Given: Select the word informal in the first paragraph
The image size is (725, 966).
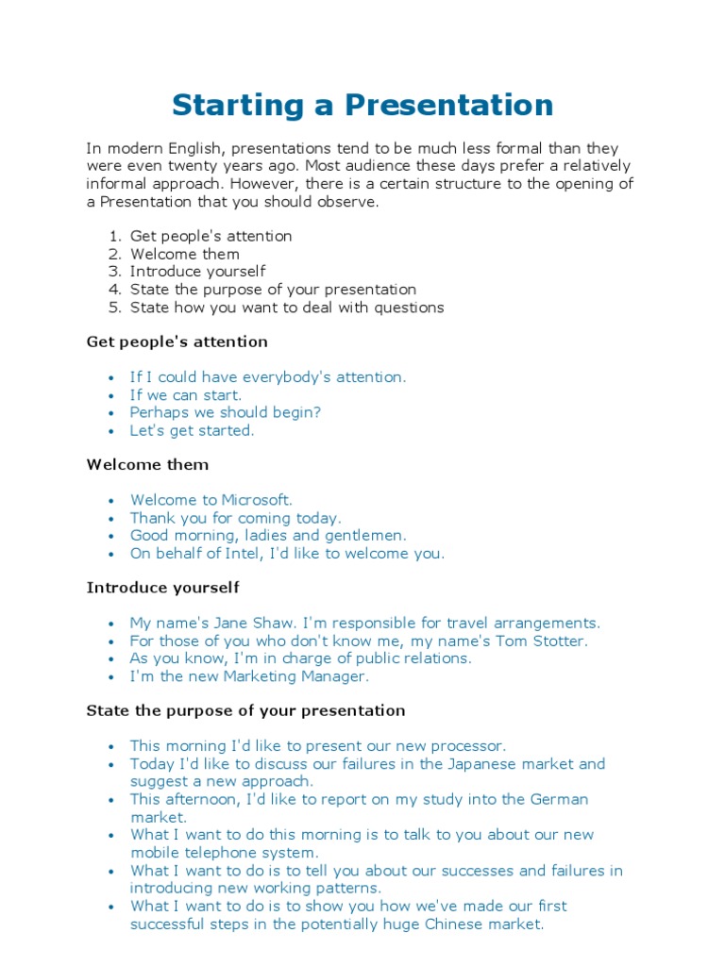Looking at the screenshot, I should point(117,184).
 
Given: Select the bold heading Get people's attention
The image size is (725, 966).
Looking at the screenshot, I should point(177,341).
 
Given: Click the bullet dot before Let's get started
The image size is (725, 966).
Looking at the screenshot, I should point(112,431).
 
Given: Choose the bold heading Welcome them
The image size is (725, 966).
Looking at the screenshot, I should point(147,464).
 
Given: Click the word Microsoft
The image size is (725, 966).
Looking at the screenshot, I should point(257,500).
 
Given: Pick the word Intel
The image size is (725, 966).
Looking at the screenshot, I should point(242,554).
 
